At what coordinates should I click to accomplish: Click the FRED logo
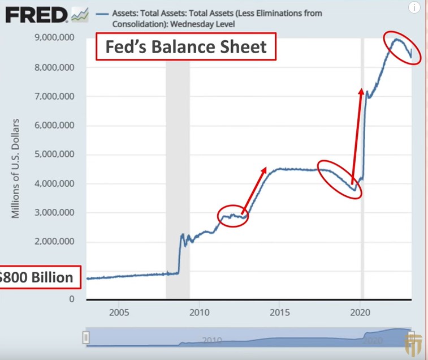pos(37,15)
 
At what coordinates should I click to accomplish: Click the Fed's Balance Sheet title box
pos(185,46)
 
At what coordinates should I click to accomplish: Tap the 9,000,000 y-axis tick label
pos(55,38)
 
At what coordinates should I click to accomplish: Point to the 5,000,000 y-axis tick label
pos(55,154)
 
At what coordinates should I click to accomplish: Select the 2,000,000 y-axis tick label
pos(55,241)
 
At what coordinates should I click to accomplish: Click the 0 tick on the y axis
pos(72,299)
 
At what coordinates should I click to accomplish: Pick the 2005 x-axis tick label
pos(118,312)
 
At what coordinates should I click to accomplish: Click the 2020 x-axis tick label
pos(360,312)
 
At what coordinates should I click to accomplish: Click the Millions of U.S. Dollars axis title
pos(16,169)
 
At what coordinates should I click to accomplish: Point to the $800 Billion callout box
pos(37,278)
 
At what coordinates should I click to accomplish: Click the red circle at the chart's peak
pos(403,48)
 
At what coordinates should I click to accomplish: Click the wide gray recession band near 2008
pos(178,170)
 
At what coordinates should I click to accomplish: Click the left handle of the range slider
pos(86,338)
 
